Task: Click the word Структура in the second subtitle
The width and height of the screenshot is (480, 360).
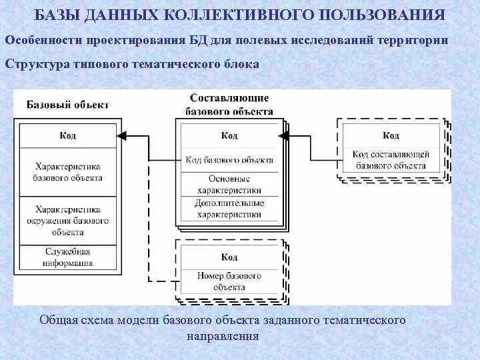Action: click(35, 63)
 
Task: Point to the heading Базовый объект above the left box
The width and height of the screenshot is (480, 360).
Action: click(67, 105)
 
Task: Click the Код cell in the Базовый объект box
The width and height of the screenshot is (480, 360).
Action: click(67, 135)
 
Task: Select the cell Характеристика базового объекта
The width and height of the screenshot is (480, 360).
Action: click(67, 172)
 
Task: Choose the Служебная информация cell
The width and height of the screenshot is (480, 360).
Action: click(67, 257)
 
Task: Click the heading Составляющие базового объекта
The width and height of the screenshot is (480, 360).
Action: click(229, 105)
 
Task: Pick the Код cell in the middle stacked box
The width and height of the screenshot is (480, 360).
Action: click(229, 135)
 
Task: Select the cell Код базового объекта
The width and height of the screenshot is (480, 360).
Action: click(229, 160)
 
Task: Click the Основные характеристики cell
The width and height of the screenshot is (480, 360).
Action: click(229, 184)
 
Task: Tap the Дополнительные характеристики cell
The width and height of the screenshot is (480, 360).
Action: click(229, 208)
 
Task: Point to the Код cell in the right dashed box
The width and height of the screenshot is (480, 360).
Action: click(391, 135)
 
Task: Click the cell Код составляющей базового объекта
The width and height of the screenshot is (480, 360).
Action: click(391, 160)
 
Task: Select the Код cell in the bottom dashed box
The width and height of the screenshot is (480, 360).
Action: click(229, 257)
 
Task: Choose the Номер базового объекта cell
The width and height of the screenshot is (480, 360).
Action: click(229, 281)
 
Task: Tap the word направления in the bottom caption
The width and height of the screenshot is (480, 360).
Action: click(223, 335)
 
